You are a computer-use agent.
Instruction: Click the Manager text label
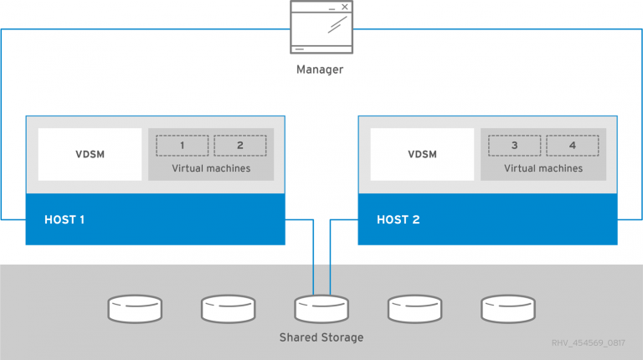320,69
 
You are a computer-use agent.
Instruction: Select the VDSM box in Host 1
90,154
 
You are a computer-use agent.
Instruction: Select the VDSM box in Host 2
422,154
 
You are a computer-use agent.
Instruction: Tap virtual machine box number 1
182,146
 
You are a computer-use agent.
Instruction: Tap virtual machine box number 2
239,146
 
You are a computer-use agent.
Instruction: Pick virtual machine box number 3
514,146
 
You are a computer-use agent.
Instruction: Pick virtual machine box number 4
572,146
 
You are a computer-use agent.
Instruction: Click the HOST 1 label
65,220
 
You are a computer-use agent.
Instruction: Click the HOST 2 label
398,220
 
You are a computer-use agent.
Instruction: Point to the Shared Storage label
321,337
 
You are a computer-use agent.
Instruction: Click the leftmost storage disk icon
134,309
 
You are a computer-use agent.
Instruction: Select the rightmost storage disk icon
507,309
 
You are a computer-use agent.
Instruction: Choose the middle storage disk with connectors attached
321,309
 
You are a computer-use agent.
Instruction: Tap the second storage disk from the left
228,309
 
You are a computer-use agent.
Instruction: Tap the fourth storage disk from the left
414,309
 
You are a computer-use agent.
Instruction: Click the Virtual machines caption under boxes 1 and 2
211,168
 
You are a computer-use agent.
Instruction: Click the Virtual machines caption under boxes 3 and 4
543,168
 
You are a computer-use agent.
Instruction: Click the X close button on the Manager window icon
344,8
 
